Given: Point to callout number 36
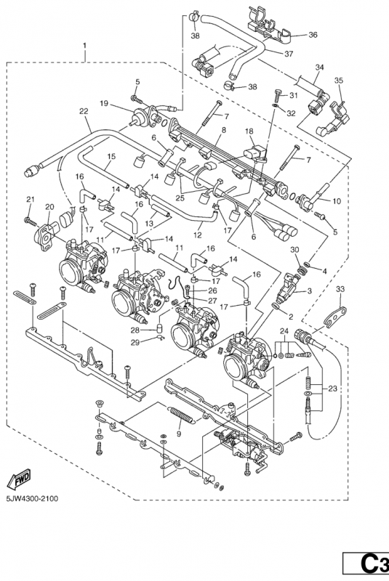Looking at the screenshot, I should click(313, 34).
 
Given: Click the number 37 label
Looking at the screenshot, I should click(288, 52).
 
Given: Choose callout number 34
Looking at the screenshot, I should click(318, 67).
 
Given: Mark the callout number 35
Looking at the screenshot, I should click(338, 81).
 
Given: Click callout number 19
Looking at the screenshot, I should click(105, 104).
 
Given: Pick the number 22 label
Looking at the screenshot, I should click(84, 111).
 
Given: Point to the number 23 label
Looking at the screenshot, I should click(332, 389).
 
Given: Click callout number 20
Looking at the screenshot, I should click(49, 207).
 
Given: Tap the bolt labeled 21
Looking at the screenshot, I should click(29, 219).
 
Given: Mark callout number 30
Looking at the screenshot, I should click(294, 250).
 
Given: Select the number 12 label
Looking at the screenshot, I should click(198, 235).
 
